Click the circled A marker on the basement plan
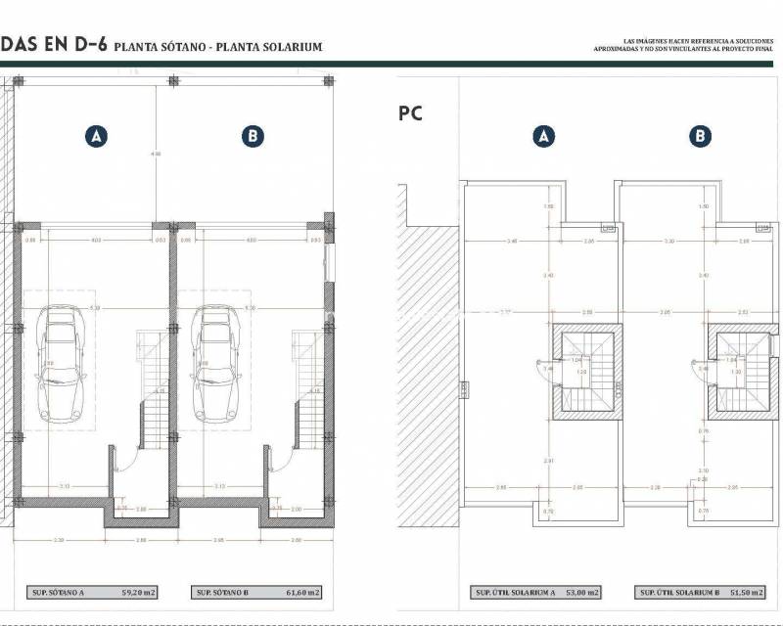coord(96,137)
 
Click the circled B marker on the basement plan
coord(253,137)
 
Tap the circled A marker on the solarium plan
coord(544,137)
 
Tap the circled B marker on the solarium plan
coord(700,137)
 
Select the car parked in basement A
coord(60,363)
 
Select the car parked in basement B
coord(216,363)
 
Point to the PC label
coord(410,113)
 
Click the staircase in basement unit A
coord(153,391)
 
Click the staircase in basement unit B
coord(307,391)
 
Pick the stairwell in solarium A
coord(585,372)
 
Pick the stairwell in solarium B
coord(741,372)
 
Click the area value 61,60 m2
coord(293,593)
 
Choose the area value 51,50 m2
coord(741,593)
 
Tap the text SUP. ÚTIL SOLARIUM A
coord(516,593)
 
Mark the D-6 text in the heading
coord(85,44)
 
